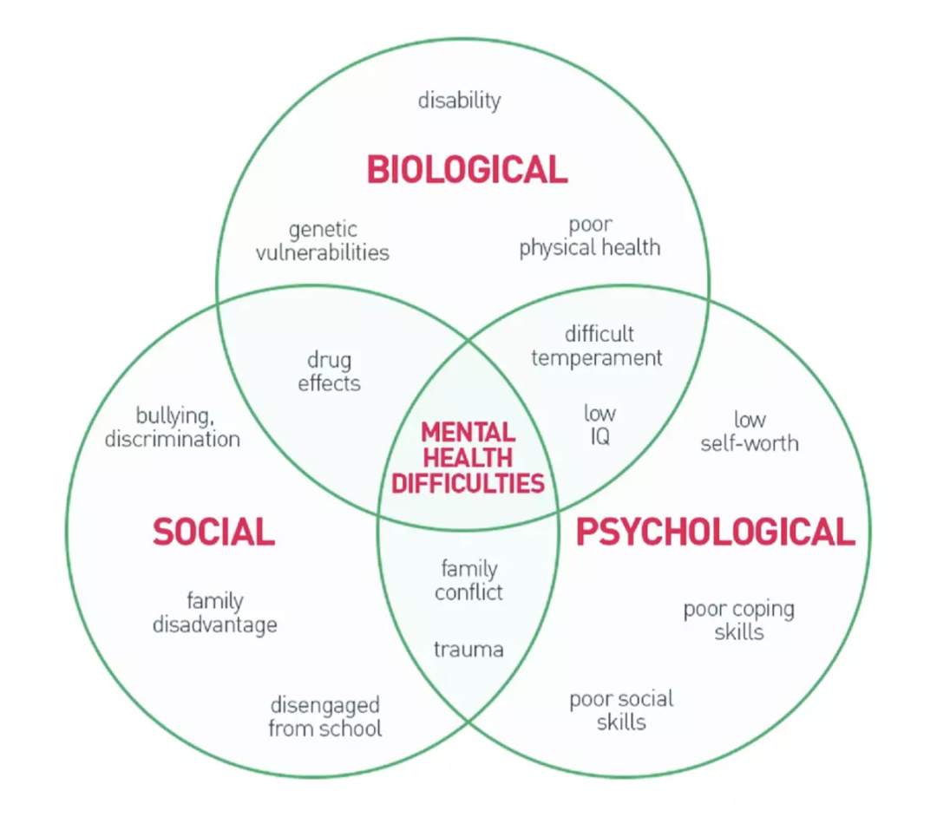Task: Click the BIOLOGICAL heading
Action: click(x=467, y=169)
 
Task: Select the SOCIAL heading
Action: click(x=213, y=531)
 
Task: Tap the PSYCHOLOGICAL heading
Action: click(x=716, y=532)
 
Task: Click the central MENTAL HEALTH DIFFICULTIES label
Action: click(x=468, y=457)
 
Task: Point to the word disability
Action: click(x=459, y=101)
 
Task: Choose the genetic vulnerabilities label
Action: click(x=323, y=241)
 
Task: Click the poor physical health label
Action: click(x=590, y=237)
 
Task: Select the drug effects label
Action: click(x=329, y=371)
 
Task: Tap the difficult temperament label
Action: click(x=597, y=345)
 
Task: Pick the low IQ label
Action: click(x=600, y=424)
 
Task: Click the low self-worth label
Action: click(x=750, y=432)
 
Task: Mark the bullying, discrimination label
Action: click(x=173, y=427)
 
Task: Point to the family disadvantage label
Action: click(x=215, y=612)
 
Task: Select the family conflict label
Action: click(x=468, y=580)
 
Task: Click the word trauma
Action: click(x=468, y=649)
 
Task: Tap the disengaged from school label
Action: click(x=324, y=716)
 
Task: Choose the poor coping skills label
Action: click(x=739, y=620)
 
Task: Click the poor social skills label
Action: click(x=621, y=709)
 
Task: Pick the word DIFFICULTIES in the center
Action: click(x=468, y=482)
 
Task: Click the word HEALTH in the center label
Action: click(x=468, y=457)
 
